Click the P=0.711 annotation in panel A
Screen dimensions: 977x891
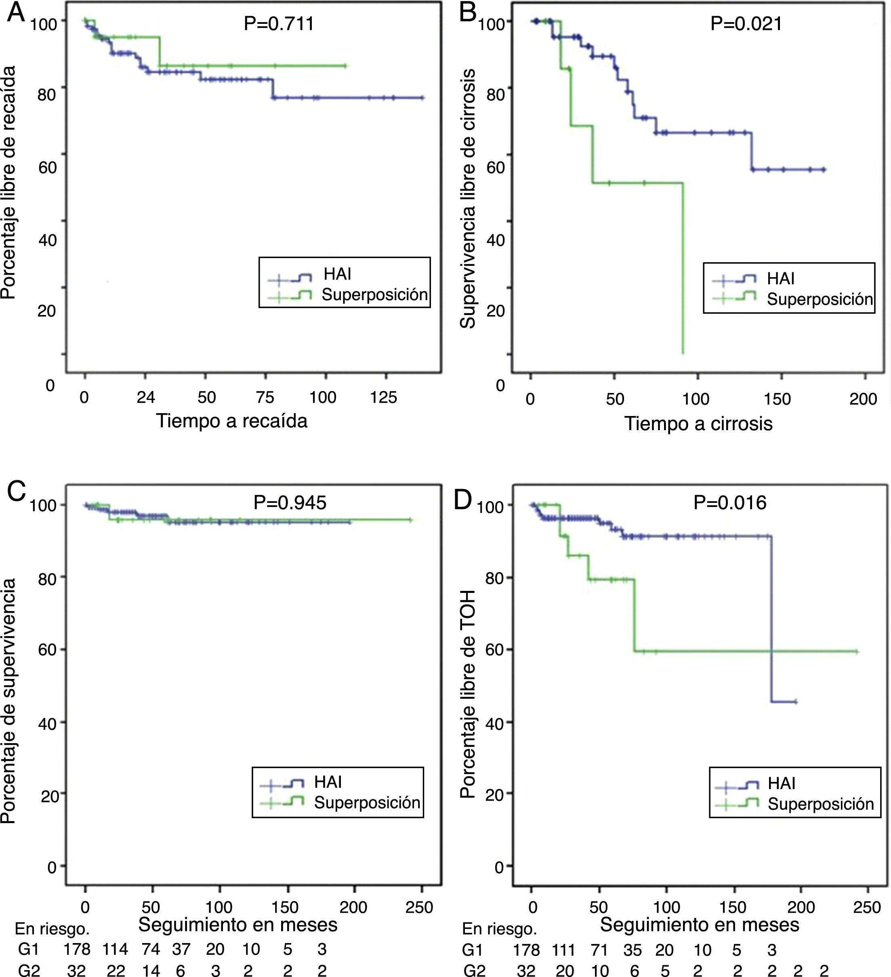pos(279,23)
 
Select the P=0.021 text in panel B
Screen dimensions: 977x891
pos(746,23)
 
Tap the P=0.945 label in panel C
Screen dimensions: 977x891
pos(290,502)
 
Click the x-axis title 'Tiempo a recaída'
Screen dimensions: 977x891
pos(232,421)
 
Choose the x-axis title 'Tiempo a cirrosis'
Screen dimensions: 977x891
pos(698,424)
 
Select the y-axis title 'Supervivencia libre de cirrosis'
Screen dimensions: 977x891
pos(467,199)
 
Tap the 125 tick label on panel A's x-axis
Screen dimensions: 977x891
pos(383,397)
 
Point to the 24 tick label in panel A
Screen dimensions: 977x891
pos(145,397)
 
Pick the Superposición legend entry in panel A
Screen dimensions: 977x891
pos(374,295)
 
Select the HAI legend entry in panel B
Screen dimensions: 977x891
pos(780,279)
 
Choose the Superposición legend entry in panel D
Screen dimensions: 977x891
pos(820,804)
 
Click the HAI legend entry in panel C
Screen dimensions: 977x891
pos(328,782)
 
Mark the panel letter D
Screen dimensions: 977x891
pos(462,500)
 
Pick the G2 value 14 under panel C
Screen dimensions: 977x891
pos(151,970)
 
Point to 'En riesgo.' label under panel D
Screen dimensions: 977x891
pos(499,929)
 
